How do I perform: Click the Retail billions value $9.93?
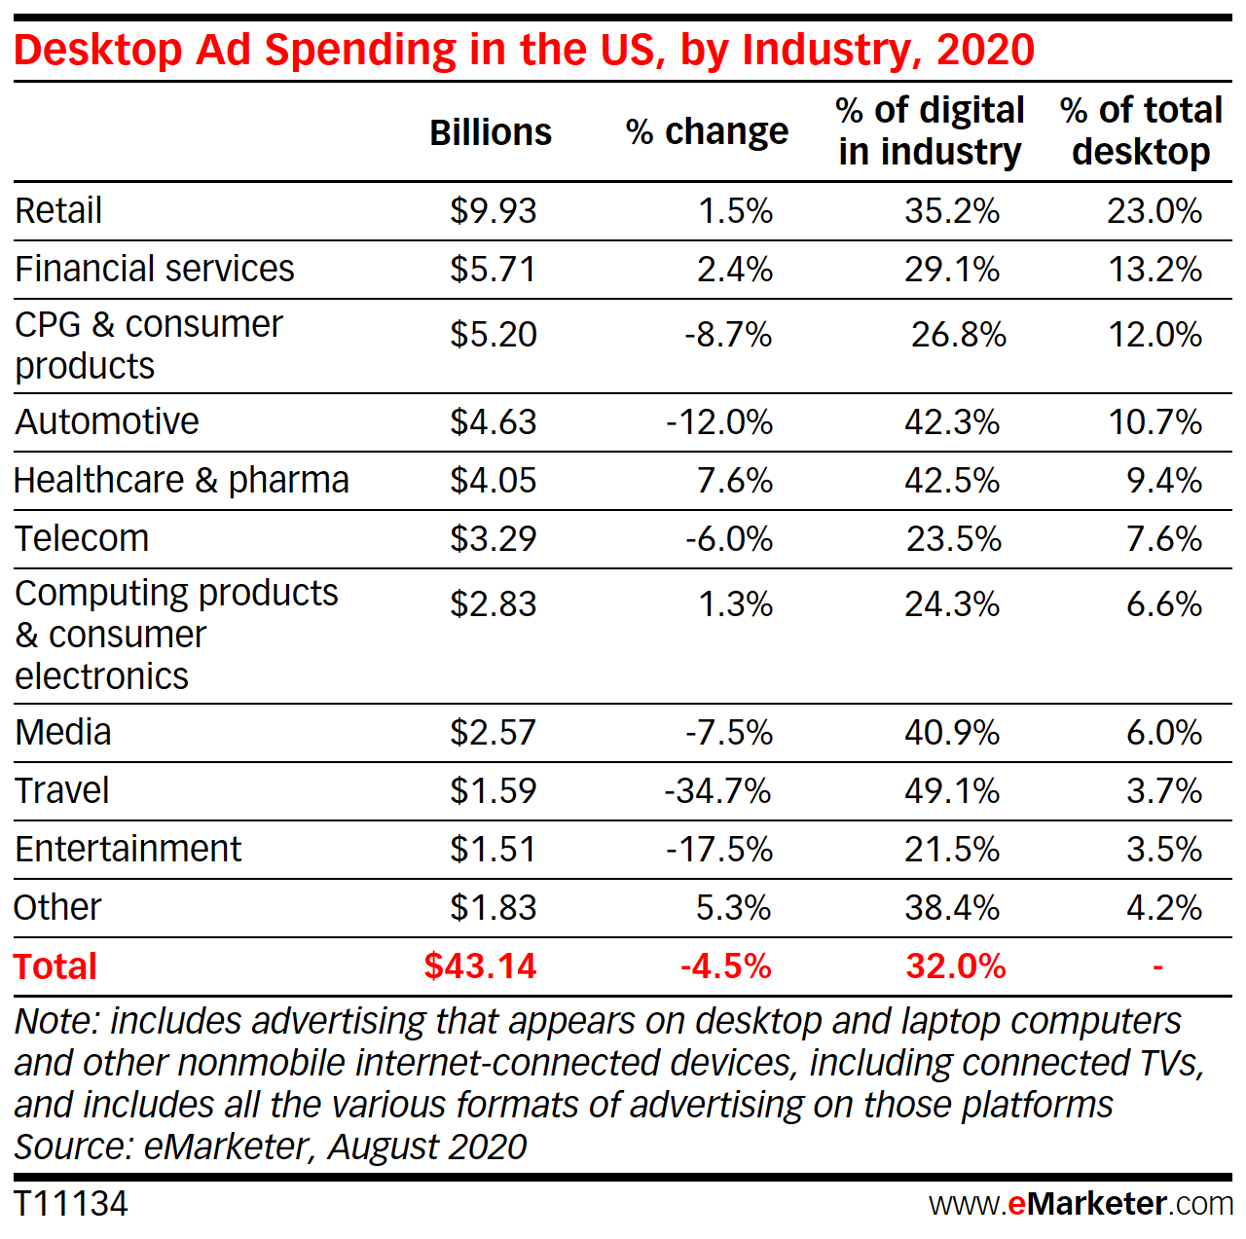pos(493,211)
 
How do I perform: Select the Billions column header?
pos(491,132)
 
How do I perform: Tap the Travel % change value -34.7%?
pos(717,791)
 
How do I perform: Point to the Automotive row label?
pos(107,422)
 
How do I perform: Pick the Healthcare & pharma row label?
pos(181,481)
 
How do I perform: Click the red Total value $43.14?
pos(480,966)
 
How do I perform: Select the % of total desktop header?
pos(1141,131)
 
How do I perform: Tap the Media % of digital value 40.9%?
pos(951,733)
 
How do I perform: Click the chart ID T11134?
pos(71,1204)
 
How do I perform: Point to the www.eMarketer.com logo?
pos(1081,1204)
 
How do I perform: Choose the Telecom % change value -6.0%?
pos(728,539)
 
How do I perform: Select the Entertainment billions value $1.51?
pos(493,850)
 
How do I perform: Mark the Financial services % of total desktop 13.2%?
pos(1154,270)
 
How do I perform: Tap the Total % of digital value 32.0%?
pos(955,966)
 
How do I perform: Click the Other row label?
pos(57,908)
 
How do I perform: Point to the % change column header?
pos(707,132)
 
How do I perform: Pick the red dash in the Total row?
pos(1157,966)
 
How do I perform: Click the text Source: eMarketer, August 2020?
pos(271,1148)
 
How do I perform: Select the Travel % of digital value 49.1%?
pos(951,791)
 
